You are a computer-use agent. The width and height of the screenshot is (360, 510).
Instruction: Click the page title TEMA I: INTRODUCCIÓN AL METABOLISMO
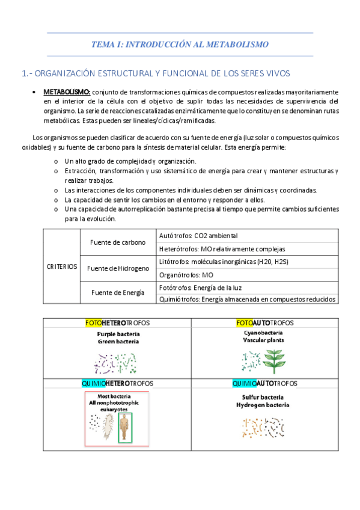coord(180,44)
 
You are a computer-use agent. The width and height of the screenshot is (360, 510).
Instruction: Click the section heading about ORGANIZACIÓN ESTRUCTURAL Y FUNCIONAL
coord(156,73)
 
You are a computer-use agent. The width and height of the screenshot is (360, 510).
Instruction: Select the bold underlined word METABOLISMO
coord(67,92)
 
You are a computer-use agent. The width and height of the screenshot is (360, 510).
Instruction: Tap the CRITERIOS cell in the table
coord(62,266)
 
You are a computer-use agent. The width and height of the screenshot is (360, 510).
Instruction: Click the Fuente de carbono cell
coord(118,242)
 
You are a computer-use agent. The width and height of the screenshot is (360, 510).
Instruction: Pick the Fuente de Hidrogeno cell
coord(118,268)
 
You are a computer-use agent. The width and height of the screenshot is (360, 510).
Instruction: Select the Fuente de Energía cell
coord(118,292)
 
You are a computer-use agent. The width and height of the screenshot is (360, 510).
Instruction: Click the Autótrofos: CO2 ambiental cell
coord(198,235)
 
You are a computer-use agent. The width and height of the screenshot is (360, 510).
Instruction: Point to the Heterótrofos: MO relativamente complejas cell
coord(222,249)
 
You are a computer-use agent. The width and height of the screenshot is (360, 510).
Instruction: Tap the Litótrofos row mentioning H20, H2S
coord(221,262)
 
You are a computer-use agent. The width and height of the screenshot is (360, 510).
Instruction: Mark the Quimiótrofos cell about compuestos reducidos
coord(246,300)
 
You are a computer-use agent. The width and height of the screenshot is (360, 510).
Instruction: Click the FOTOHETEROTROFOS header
coord(118,323)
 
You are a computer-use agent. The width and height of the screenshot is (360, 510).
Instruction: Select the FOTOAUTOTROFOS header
coord(264,323)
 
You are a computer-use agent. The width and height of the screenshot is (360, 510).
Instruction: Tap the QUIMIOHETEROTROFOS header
coord(118,383)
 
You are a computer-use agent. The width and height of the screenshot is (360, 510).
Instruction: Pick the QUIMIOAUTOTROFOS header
coord(264,383)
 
